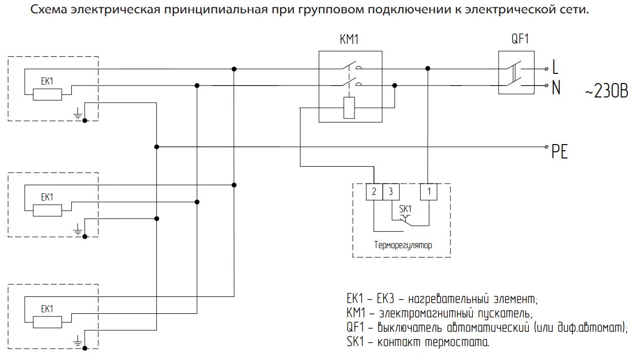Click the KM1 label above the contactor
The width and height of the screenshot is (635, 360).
(349, 41)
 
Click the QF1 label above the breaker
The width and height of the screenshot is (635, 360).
(520, 39)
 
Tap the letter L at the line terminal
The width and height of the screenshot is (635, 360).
(555, 67)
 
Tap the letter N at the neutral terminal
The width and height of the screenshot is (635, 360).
(555, 88)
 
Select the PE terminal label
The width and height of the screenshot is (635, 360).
(560, 152)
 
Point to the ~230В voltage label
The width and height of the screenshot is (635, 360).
(606, 93)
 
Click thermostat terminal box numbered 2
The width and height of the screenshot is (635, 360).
(374, 192)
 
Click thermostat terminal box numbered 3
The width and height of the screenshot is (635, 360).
(391, 192)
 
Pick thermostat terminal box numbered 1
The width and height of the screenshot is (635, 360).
(428, 192)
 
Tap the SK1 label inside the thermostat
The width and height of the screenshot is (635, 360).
(405, 209)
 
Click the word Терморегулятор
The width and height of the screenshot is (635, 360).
(403, 245)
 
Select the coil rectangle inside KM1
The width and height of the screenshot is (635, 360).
(349, 108)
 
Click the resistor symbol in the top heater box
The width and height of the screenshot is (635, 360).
(47, 94)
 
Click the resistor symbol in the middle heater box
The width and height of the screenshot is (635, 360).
(47, 210)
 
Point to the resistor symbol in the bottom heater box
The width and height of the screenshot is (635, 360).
(47, 322)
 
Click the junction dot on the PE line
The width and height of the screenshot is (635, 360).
(156, 147)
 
